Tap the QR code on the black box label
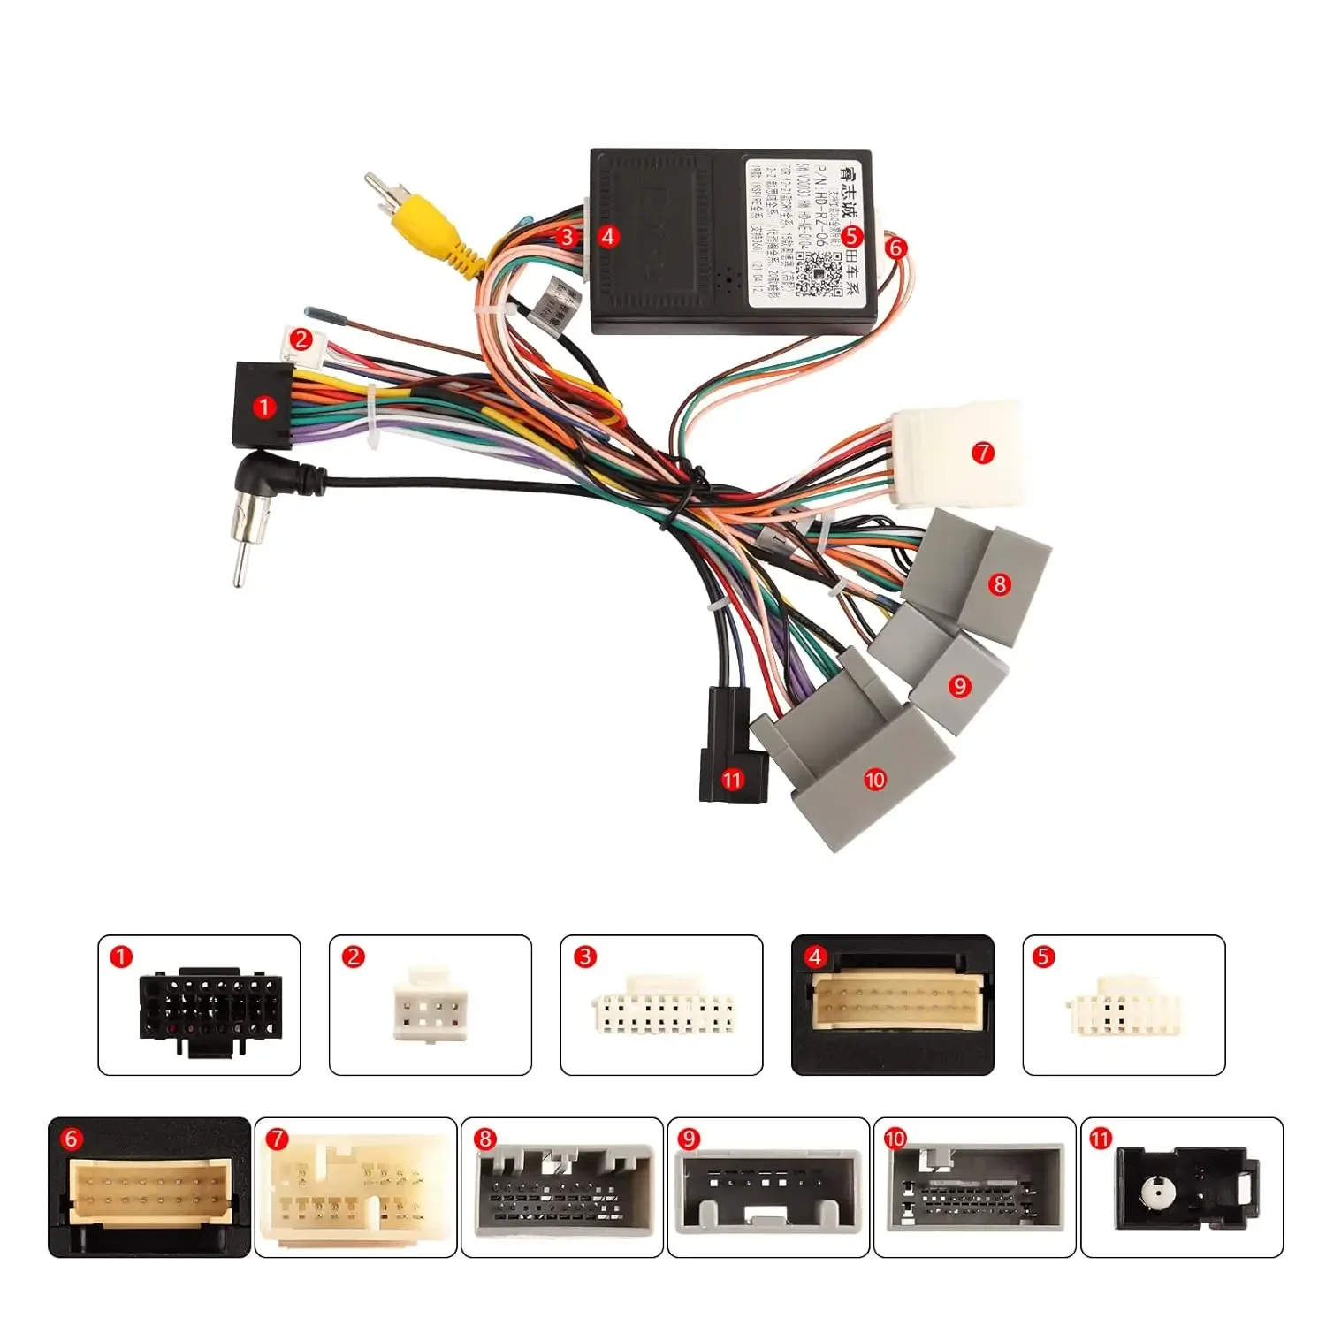[819, 273]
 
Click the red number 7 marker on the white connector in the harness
[983, 453]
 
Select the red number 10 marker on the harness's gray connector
[874, 779]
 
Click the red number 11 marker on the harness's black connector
[732, 780]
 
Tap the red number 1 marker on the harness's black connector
[263, 408]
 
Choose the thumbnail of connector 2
[431, 1005]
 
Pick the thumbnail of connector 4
[893, 1005]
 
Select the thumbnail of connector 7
[356, 1187]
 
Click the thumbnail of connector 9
[768, 1187]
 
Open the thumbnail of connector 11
[1182, 1187]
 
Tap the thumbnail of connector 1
[199, 1005]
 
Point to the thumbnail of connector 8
[562, 1187]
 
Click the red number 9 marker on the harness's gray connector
[960, 686]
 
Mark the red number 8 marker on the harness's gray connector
[1000, 583]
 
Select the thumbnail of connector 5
[1124, 1005]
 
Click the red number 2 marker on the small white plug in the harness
[301, 339]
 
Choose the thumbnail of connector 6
[149, 1187]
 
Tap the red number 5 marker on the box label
[850, 236]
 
